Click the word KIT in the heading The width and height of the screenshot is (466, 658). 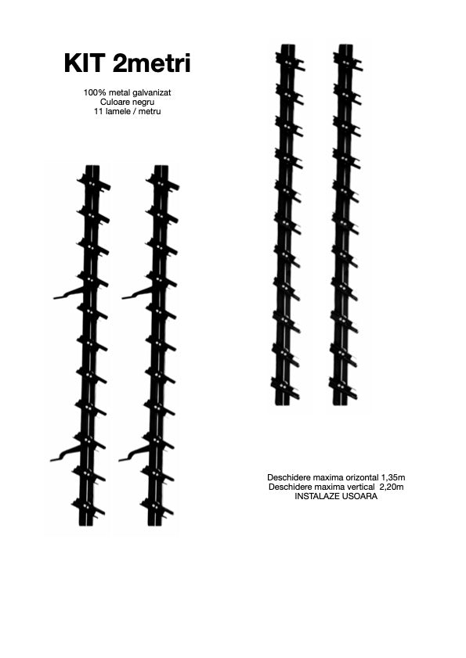(84, 63)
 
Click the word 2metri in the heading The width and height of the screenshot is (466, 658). (152, 63)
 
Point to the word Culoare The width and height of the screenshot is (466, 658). (114, 102)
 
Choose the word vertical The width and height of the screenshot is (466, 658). (360, 487)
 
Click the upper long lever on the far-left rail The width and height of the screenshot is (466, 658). (70, 293)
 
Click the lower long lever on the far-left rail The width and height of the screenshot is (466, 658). (66, 453)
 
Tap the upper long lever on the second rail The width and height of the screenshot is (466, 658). (138, 293)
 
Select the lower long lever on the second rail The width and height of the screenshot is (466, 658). (135, 453)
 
